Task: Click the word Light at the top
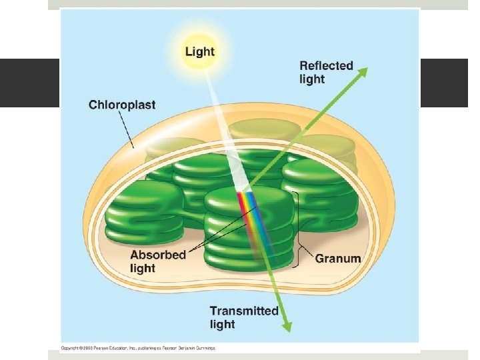tap(199, 51)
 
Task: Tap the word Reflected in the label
tap(326, 65)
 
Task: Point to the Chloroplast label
tap(122, 105)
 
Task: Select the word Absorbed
tap(157, 255)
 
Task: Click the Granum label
tap(337, 258)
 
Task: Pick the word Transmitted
tap(244, 311)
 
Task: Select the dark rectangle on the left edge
tap(29, 83)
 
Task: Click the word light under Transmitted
tap(223, 324)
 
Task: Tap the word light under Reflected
tap(312, 79)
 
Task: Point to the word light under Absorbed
tap(143, 268)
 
